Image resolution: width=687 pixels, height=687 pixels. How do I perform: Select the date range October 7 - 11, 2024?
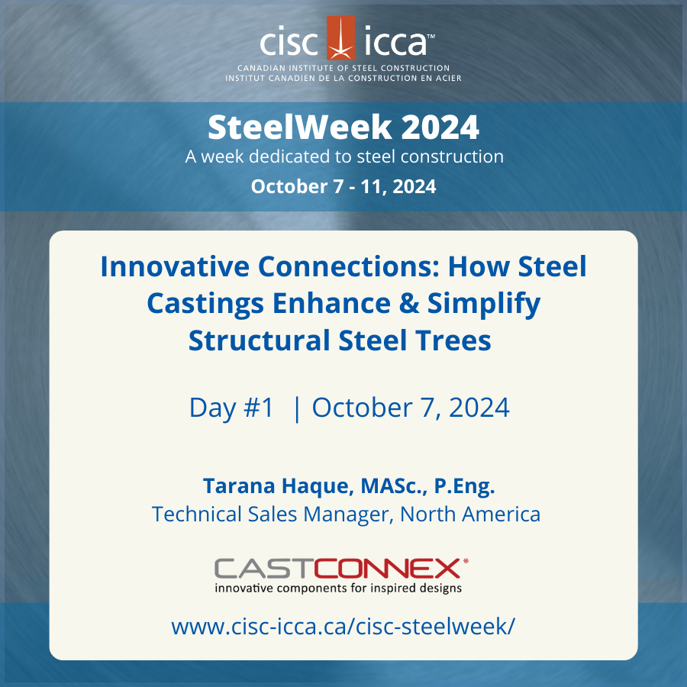click(x=343, y=186)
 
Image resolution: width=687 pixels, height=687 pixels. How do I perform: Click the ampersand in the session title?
click(x=402, y=303)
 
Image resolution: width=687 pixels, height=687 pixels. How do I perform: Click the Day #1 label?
click(x=231, y=408)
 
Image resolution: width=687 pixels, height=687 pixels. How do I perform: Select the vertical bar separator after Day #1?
click(x=296, y=408)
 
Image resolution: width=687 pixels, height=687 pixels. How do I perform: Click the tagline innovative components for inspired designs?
click(x=338, y=588)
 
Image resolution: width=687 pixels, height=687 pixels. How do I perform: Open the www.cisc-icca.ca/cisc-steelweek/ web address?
click(x=343, y=627)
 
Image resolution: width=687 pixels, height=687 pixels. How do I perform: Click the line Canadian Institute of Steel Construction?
click(x=343, y=68)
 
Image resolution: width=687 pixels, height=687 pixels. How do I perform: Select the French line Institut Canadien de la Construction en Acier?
click(x=343, y=78)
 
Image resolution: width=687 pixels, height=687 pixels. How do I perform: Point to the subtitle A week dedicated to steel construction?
click(x=343, y=156)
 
